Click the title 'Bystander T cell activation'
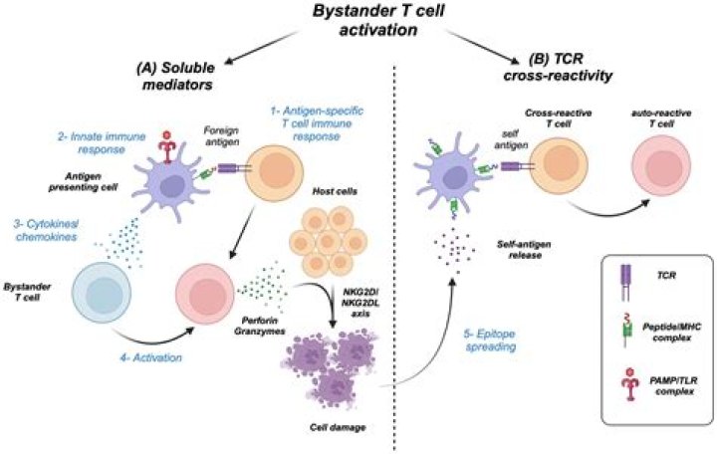coord(378,20)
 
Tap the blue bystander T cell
coord(102,292)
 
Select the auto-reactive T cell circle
coord(661,165)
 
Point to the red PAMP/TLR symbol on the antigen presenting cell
coord(167,147)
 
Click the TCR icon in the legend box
coord(624,283)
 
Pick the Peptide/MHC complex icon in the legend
coord(624,331)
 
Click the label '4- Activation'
coord(151,357)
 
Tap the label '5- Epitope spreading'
coord(490,340)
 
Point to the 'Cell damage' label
coord(338,427)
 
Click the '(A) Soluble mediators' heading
coord(175,76)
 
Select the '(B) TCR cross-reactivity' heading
coord(558,68)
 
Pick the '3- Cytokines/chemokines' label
coord(47,230)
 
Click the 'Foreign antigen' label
coord(221,136)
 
